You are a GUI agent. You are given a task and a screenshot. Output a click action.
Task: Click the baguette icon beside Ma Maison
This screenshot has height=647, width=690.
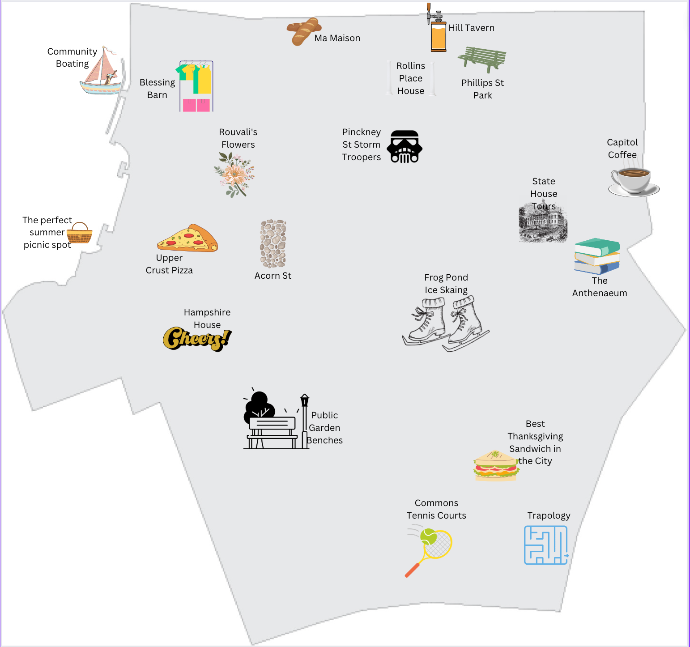point(304,31)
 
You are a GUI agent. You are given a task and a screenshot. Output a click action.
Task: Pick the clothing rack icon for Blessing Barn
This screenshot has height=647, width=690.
point(196,86)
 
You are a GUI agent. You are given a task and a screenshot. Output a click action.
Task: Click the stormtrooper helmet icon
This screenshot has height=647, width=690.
point(405,147)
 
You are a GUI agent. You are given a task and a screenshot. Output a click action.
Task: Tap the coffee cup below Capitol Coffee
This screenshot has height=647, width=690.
point(633,181)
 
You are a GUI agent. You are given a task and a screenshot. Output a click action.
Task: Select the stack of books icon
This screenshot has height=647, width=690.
point(597,256)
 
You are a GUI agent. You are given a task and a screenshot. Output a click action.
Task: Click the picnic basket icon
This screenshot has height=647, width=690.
point(80,233)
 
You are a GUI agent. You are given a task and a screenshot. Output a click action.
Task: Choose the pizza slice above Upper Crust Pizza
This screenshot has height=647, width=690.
point(188,238)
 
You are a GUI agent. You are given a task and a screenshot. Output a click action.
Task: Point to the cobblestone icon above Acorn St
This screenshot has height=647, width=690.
point(273,244)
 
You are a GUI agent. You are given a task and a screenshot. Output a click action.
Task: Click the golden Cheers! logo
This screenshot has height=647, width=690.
point(197,339)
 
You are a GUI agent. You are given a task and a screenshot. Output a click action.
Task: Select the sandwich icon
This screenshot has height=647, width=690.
point(496,466)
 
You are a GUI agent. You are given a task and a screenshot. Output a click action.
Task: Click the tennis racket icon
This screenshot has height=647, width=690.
point(430,551)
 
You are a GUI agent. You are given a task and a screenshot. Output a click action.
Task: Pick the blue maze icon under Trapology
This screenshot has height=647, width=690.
point(546,545)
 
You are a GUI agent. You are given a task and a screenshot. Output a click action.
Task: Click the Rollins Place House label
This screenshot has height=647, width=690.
point(411,78)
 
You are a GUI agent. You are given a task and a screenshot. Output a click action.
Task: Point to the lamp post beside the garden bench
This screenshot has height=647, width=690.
point(305,421)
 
